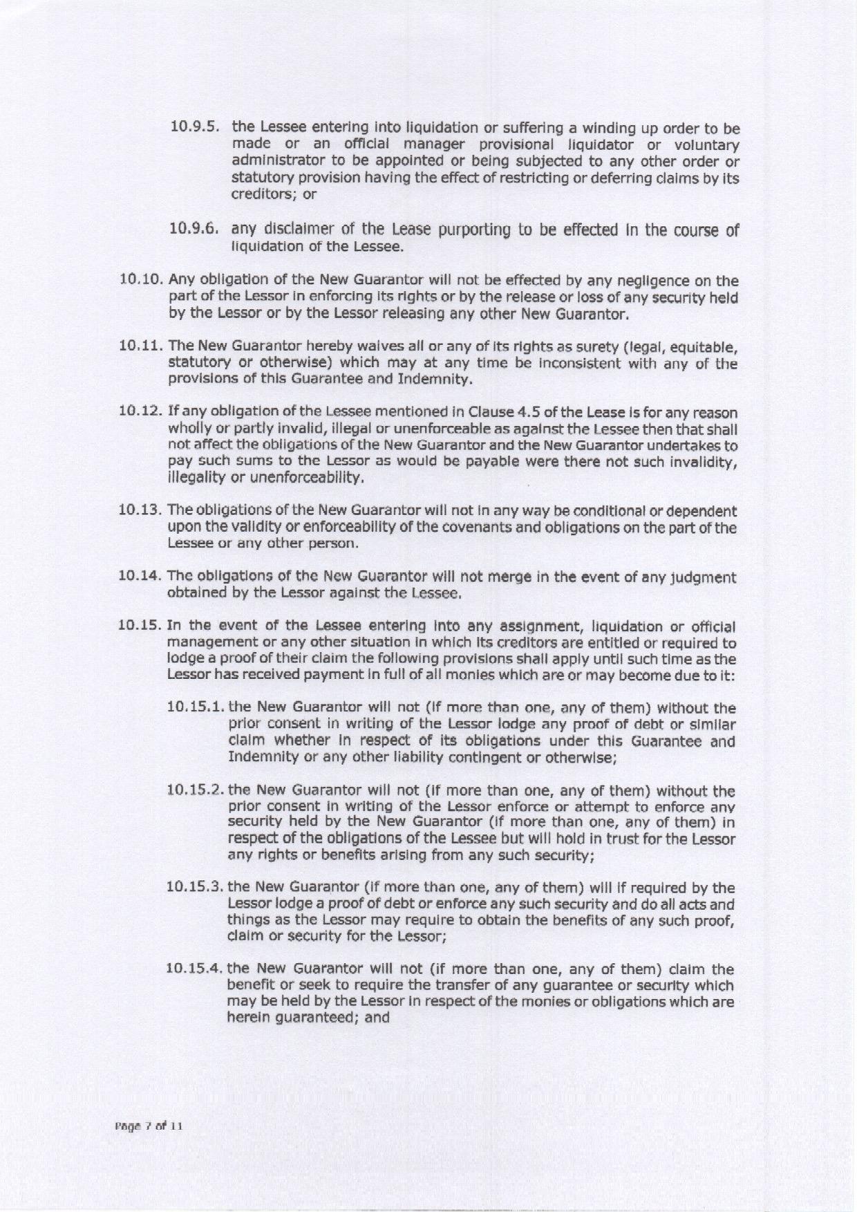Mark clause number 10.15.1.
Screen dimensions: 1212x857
pyautogui.click(x=196, y=709)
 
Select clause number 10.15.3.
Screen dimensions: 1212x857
pyautogui.click(x=196, y=887)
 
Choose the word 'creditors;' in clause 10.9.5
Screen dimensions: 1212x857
pyautogui.click(x=264, y=195)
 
